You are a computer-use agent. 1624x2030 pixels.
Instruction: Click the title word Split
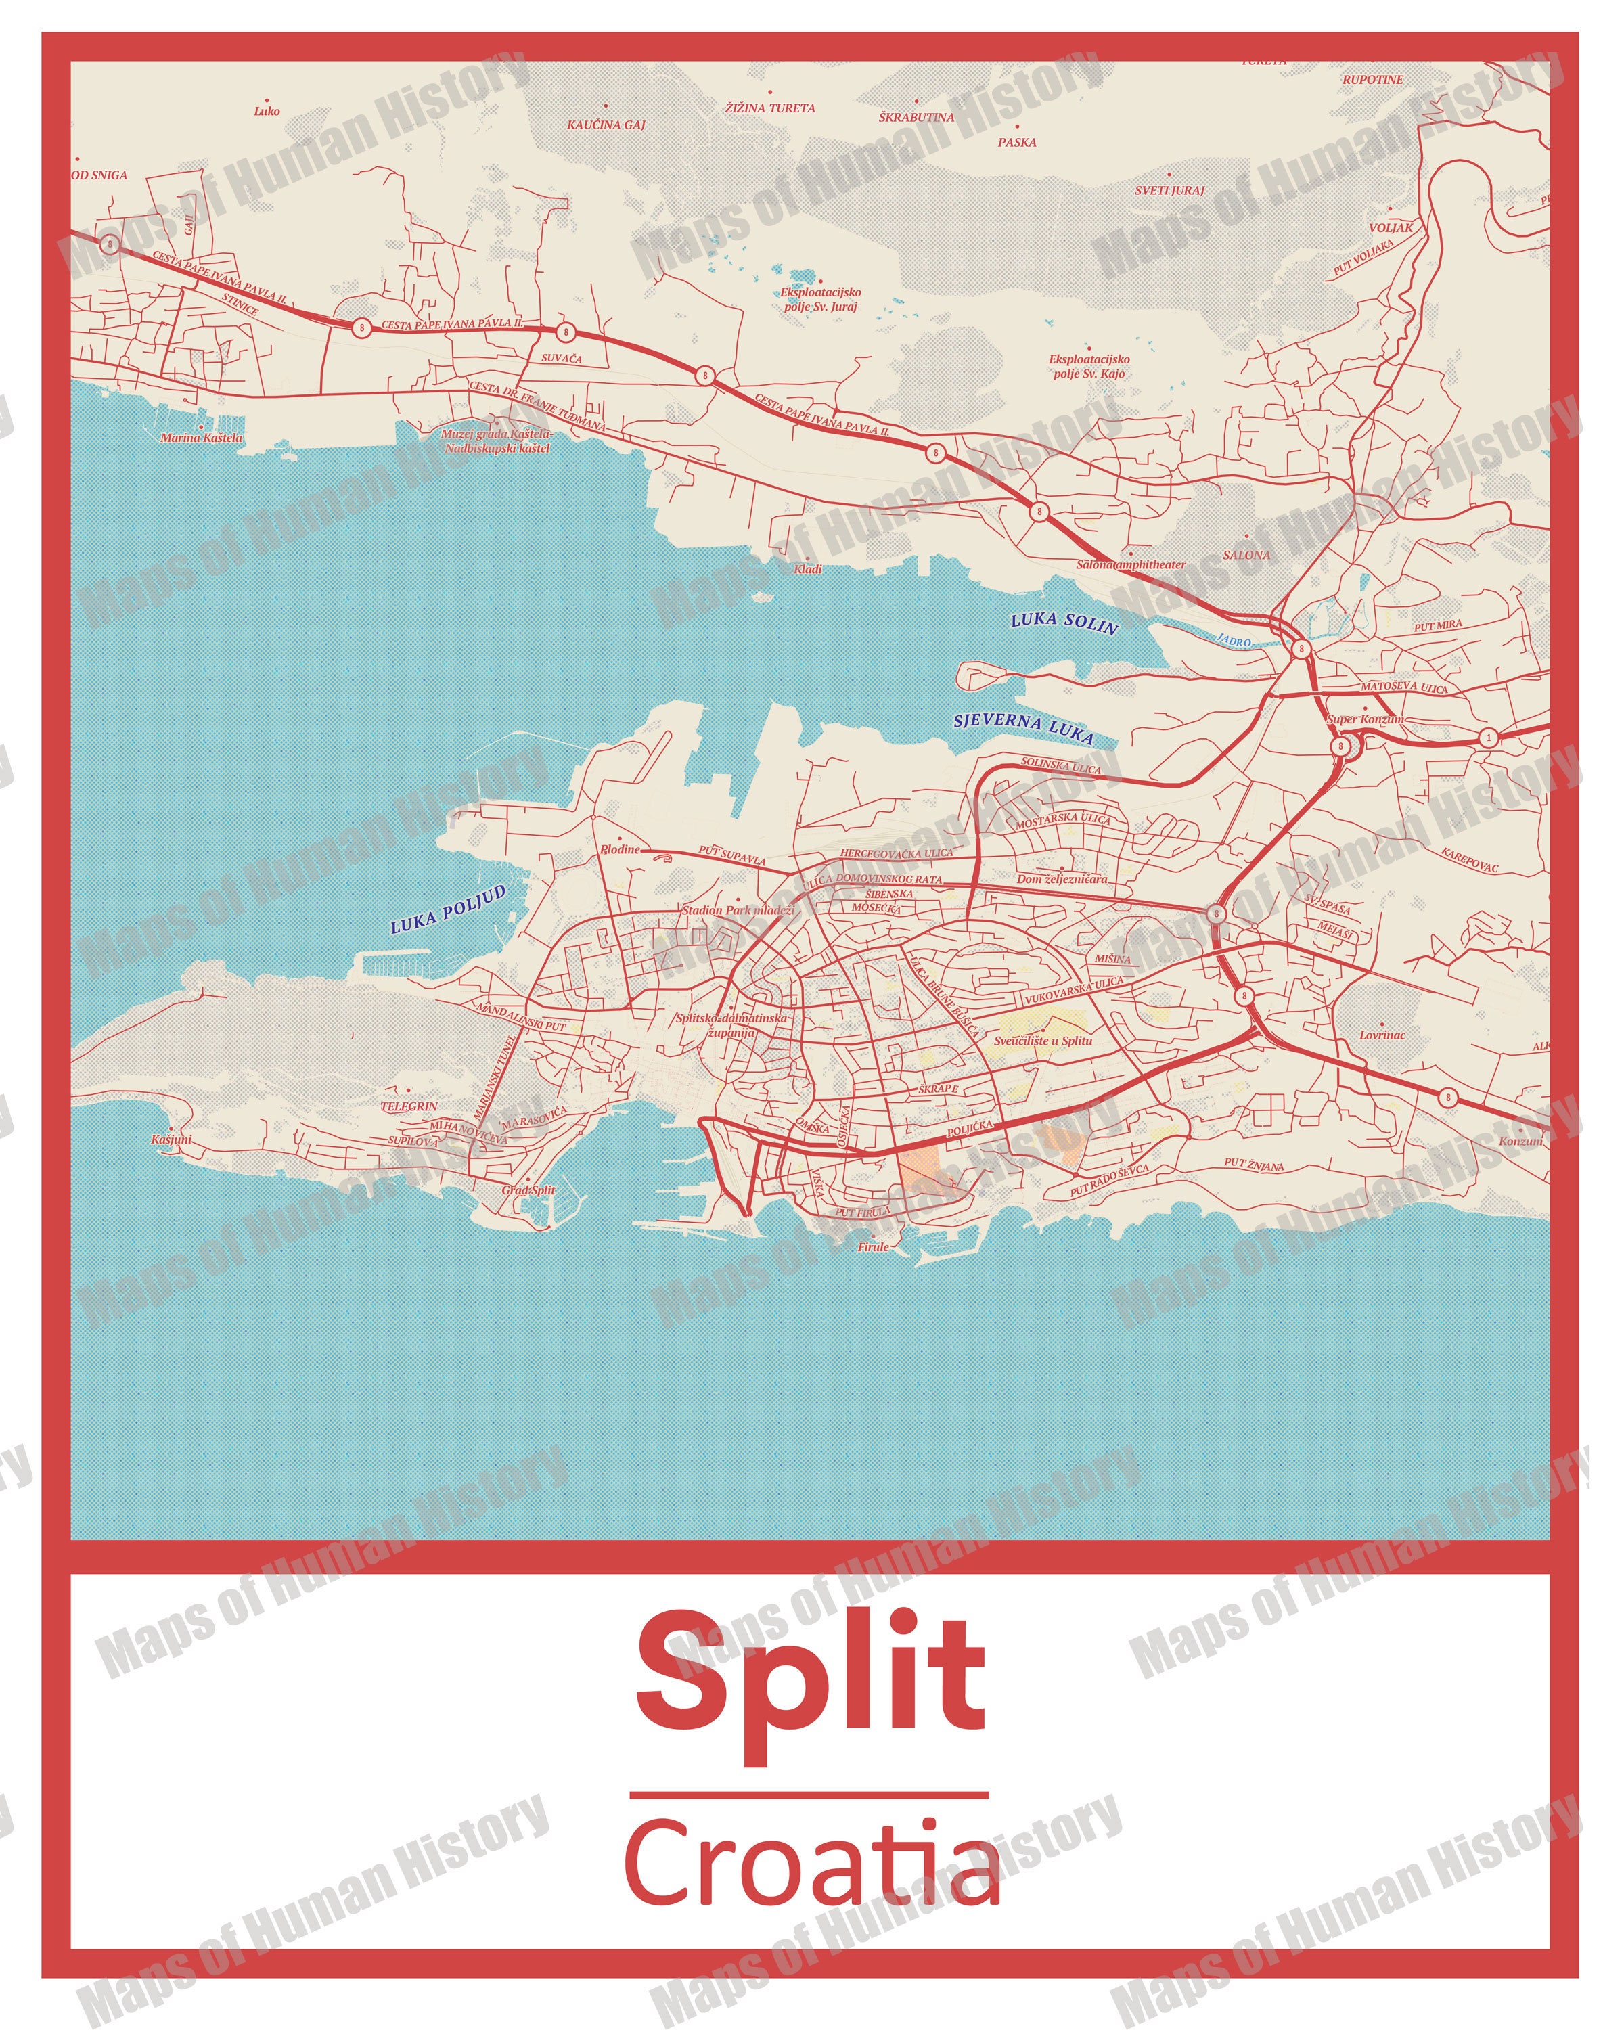tap(811, 1673)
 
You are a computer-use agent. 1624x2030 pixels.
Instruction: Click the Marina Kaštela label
tap(202, 438)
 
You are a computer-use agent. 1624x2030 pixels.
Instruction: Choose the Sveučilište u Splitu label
tap(1043, 1041)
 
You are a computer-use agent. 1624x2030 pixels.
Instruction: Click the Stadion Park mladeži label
tap(738, 911)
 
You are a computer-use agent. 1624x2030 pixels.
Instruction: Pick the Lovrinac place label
tap(1382, 1035)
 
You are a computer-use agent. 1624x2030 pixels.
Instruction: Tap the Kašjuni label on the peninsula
tap(171, 1140)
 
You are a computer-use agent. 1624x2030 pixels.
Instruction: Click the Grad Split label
tap(528, 1190)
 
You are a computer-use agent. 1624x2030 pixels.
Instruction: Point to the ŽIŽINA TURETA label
tap(770, 108)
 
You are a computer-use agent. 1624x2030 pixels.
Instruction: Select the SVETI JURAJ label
tap(1169, 190)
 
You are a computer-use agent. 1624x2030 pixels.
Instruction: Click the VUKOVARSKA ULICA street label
tap(1073, 989)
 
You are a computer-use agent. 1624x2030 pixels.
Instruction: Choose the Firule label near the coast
tap(873, 1246)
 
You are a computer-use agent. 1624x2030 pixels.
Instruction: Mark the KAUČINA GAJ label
tap(606, 125)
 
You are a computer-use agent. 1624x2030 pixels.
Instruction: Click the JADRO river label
tap(1234, 640)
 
